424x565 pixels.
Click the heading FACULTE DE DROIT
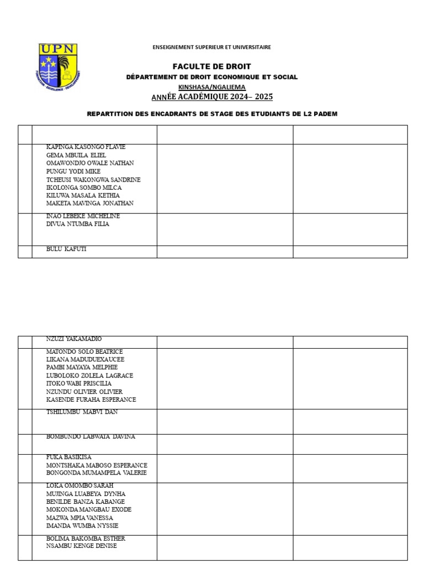(x=211, y=66)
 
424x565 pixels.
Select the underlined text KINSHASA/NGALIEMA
(x=211, y=87)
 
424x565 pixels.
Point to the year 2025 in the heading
(x=263, y=97)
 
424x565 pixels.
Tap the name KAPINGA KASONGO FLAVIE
(x=86, y=147)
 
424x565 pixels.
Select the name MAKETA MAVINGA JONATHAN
(x=90, y=204)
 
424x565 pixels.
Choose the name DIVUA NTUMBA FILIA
(x=78, y=224)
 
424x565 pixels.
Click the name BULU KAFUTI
(x=66, y=249)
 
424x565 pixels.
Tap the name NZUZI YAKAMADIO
(x=74, y=339)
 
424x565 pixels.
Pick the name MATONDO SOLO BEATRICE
(x=84, y=351)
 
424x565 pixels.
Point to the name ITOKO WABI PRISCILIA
(x=79, y=383)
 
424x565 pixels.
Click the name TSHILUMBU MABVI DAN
(x=82, y=412)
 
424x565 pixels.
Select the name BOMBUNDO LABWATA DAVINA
(x=91, y=437)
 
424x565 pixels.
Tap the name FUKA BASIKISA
(x=69, y=457)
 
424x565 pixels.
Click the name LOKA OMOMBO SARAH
(x=79, y=486)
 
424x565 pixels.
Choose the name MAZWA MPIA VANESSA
(x=79, y=518)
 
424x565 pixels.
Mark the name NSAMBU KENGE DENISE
(x=82, y=546)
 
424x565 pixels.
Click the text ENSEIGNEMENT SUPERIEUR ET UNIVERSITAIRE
(x=211, y=47)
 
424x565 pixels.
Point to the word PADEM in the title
(x=324, y=114)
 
